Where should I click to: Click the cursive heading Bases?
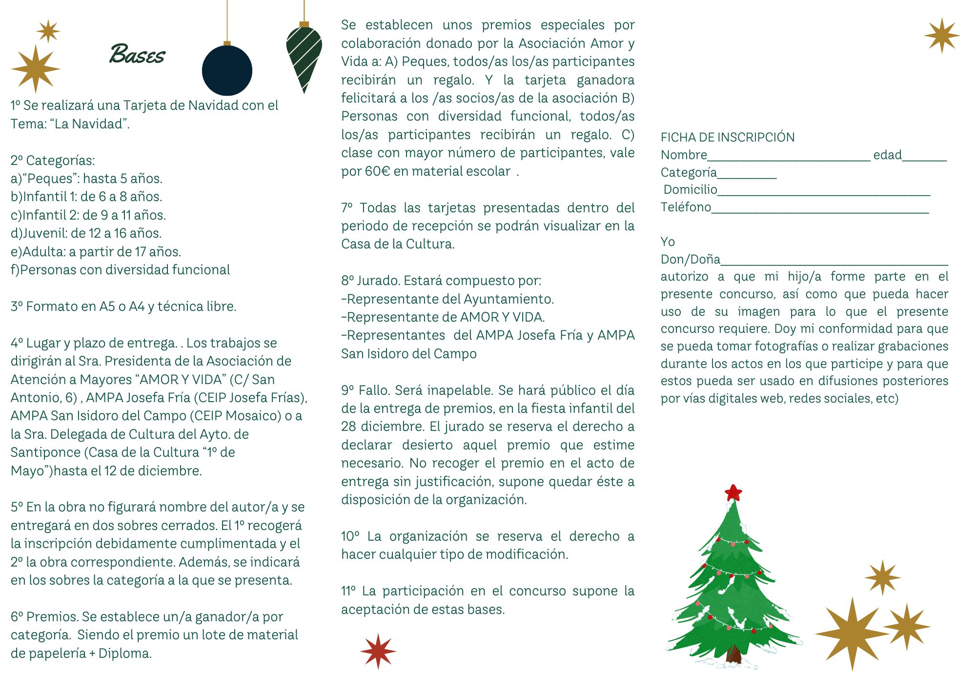point(137,54)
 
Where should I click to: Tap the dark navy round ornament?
point(227,71)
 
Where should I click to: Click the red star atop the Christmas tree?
point(733,492)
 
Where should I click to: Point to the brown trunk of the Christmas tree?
point(733,654)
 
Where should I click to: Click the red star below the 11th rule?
point(378,651)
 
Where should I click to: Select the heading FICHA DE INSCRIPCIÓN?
point(727,138)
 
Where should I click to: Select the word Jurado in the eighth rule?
point(378,281)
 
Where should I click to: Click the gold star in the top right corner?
point(941,36)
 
